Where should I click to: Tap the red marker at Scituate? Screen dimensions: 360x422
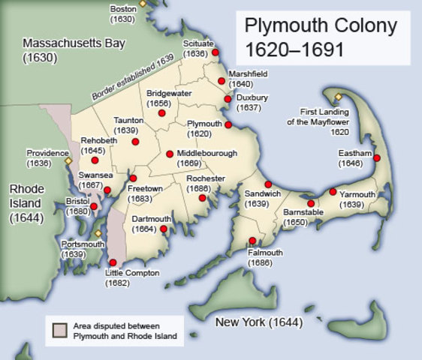(216, 53)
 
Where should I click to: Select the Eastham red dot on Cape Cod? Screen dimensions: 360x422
(377, 158)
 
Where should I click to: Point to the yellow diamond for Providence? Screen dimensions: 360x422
(68, 160)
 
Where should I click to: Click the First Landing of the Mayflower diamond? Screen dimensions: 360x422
(338, 97)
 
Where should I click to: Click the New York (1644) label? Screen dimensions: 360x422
(258, 322)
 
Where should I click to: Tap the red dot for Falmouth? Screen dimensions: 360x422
(252, 241)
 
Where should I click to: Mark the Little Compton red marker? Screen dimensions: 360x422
(113, 262)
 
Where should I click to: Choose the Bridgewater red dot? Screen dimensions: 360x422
(161, 113)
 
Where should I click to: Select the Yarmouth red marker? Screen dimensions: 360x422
(333, 192)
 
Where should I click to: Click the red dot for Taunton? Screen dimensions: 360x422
(135, 141)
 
